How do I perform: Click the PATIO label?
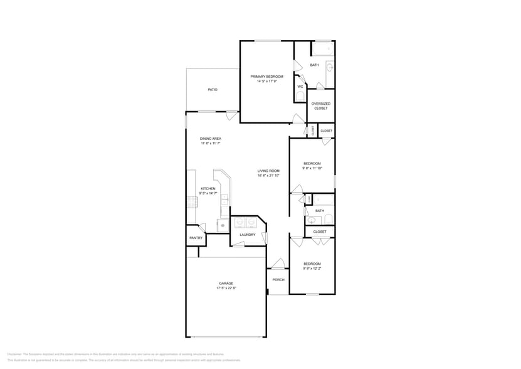point(213,90)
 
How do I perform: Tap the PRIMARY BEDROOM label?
point(266,77)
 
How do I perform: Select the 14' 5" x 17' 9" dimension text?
point(266,82)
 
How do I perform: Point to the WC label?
point(300,87)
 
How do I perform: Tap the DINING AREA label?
point(210,139)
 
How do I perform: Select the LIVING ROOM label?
point(268,171)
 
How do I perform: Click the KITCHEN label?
point(208,189)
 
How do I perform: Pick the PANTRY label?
point(196,238)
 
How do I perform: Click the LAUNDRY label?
point(247,235)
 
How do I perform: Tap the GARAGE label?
point(226,283)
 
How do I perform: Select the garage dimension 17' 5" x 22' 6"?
point(226,288)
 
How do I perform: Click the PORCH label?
point(278,280)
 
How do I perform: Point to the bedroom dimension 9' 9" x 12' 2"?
point(312,269)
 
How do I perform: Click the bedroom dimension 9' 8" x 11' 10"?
point(312,168)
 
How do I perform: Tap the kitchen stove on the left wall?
point(193,201)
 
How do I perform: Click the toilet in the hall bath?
point(328,219)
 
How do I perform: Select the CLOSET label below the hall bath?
point(320,232)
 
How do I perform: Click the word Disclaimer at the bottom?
point(14,354)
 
